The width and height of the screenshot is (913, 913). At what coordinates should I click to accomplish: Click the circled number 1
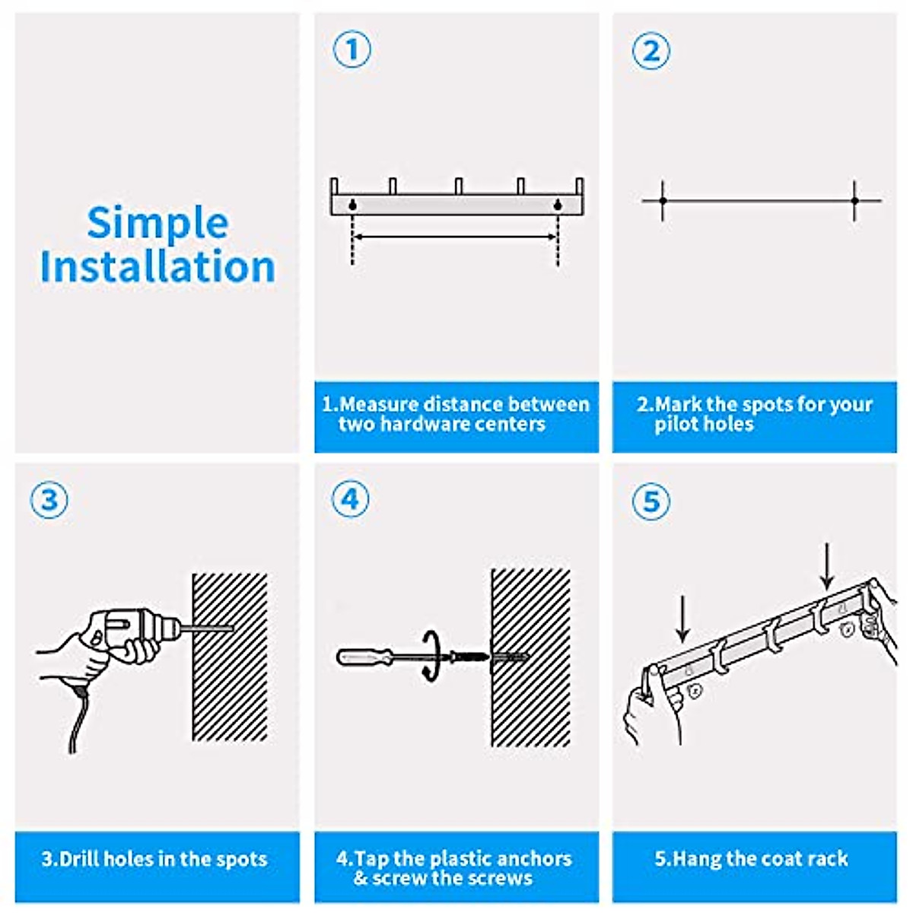click(x=352, y=49)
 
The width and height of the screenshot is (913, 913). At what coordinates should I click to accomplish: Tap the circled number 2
click(x=651, y=50)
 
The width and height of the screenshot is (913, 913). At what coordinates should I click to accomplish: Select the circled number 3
click(x=49, y=501)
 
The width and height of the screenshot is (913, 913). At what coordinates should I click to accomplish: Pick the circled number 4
click(x=350, y=499)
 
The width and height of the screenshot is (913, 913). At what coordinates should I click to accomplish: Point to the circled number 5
click(x=651, y=501)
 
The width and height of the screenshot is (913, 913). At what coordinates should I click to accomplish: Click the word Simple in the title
click(x=157, y=223)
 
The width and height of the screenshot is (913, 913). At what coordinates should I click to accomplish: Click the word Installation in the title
click(x=157, y=266)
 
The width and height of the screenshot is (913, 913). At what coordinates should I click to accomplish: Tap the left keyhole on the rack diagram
click(x=352, y=204)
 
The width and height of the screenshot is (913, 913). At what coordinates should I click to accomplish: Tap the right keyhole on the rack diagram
click(x=558, y=204)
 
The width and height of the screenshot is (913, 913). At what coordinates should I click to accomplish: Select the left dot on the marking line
click(x=663, y=201)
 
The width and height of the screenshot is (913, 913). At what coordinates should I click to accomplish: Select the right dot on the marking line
click(x=854, y=201)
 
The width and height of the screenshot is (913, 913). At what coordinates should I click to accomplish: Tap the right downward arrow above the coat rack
click(x=827, y=566)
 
